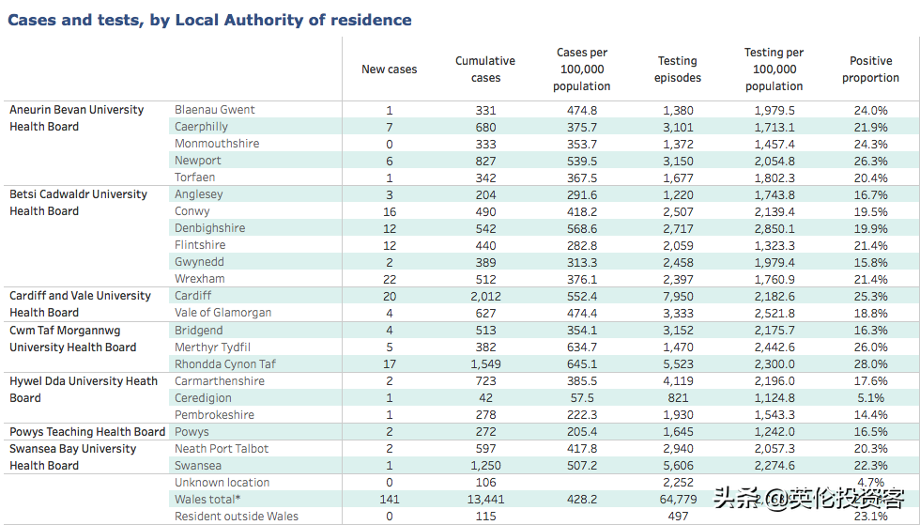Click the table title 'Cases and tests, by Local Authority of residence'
[209, 20]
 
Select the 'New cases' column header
[389, 69]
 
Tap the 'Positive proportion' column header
[871, 69]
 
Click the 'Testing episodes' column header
[678, 69]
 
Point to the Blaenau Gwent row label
[215, 110]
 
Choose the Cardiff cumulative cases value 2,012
[486, 297]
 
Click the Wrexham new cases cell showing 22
[390, 280]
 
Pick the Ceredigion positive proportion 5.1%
[871, 398]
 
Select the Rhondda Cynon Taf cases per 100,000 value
[582, 364]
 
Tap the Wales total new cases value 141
[390, 500]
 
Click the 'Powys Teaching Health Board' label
[87, 432]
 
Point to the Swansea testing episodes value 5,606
[678, 466]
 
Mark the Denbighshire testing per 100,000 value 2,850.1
[774, 229]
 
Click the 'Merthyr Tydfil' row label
[212, 347]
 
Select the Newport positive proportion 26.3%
[871, 161]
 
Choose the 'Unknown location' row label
[222, 482]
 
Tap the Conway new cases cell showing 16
[390, 212]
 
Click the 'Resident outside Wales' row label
[237, 517]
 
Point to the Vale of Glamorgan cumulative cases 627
[486, 314]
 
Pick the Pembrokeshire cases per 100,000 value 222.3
[582, 415]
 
